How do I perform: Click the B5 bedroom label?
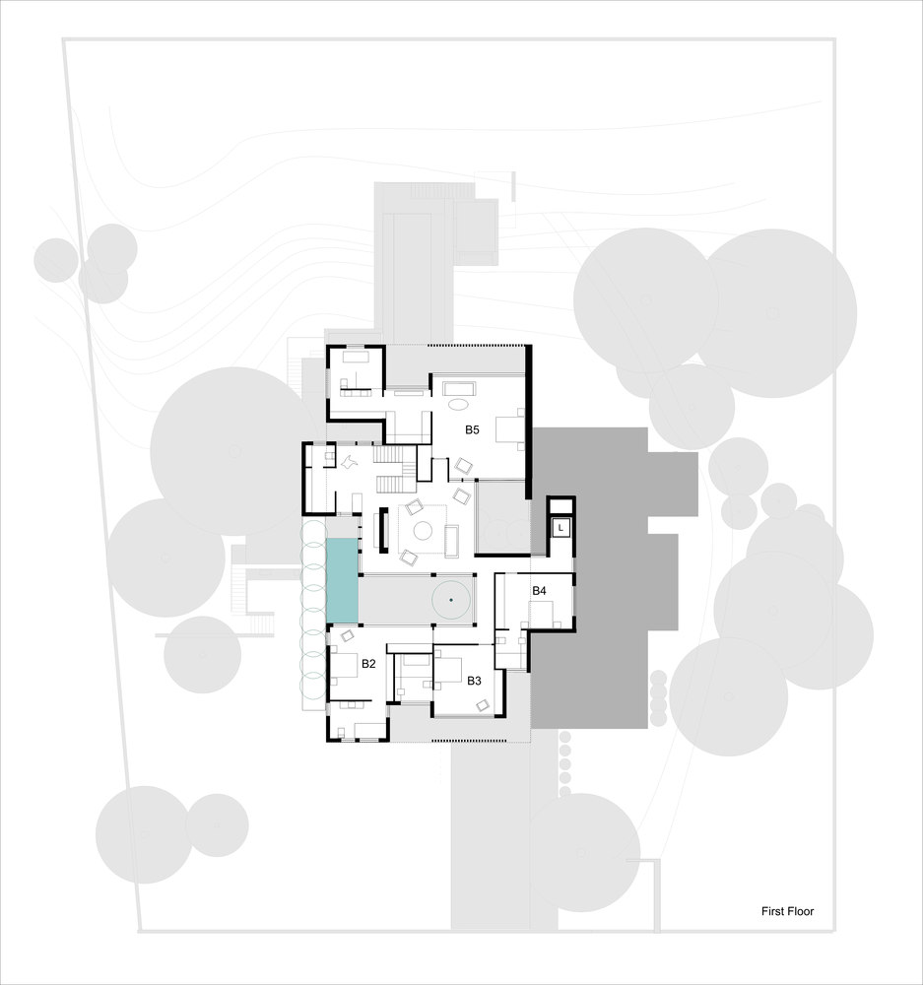click(472, 429)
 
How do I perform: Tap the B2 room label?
click(368, 663)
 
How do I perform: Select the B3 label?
click(474, 681)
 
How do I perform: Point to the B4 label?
click(539, 590)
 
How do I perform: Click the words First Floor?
click(787, 911)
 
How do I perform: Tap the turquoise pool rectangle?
click(343, 580)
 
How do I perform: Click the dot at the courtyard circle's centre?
click(451, 601)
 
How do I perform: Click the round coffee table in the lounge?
click(423, 531)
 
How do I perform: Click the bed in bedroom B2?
click(343, 665)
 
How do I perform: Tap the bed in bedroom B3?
click(448, 672)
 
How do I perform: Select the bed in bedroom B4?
click(541, 614)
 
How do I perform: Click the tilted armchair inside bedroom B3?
click(484, 705)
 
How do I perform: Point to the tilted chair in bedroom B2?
click(347, 635)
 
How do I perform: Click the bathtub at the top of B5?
click(460, 387)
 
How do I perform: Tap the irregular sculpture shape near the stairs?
click(350, 462)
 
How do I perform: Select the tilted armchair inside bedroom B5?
click(464, 466)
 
